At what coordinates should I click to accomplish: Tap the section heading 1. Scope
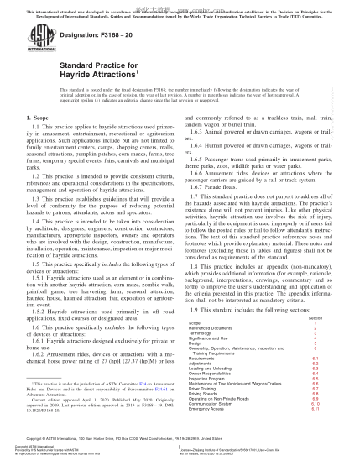36,133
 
